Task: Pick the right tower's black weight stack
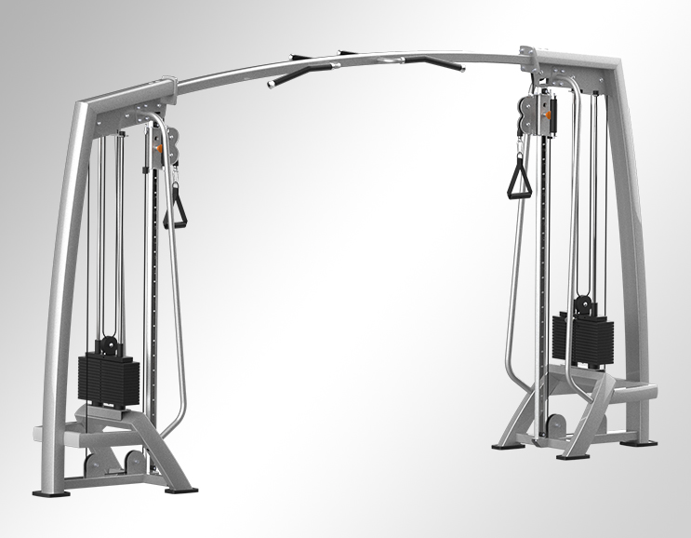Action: pyautogui.click(x=583, y=340)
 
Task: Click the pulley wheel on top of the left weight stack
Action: pyautogui.click(x=109, y=342)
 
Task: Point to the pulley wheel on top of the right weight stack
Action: pyautogui.click(x=583, y=304)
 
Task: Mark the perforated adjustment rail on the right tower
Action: pyautogui.click(x=542, y=279)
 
